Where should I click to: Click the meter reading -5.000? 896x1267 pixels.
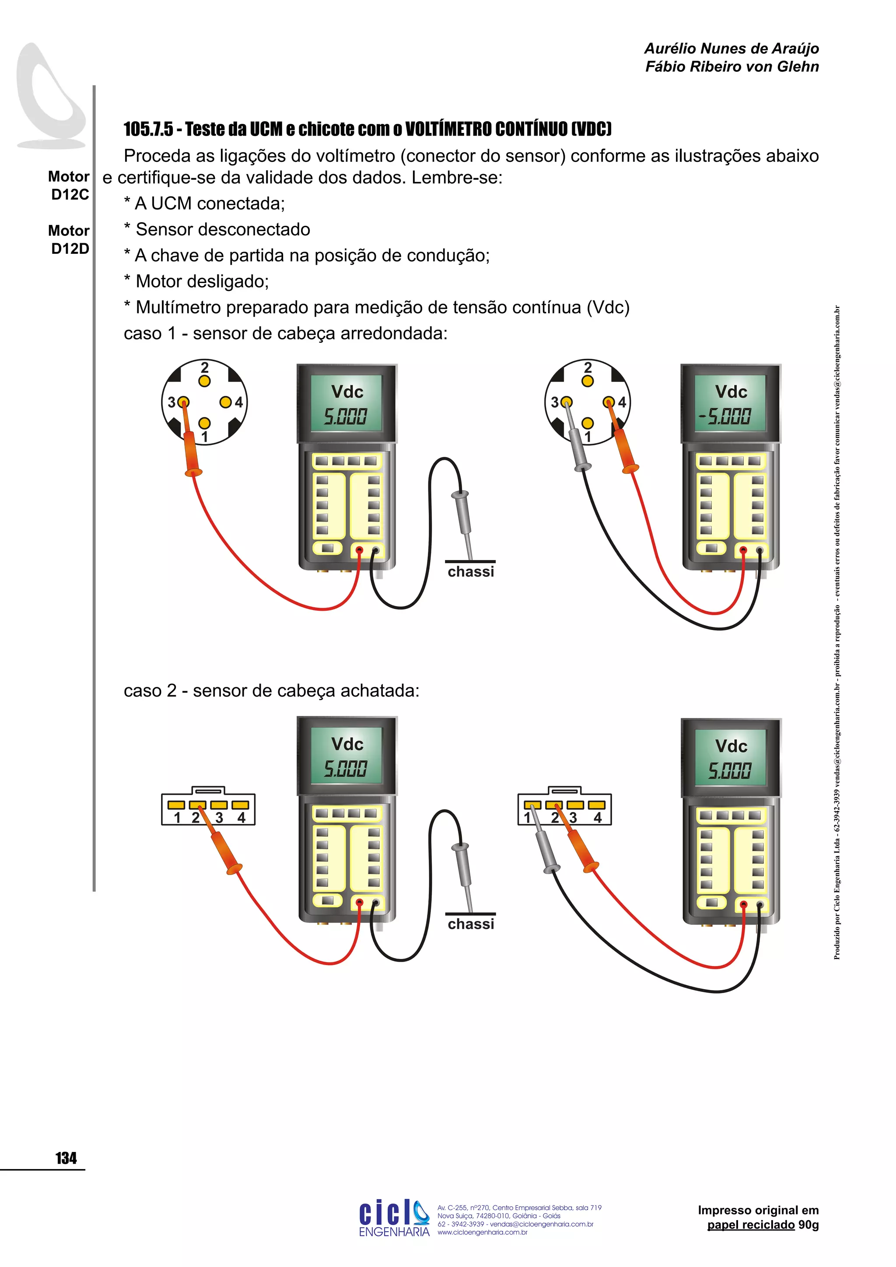(725, 416)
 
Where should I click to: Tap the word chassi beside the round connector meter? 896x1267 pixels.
(471, 572)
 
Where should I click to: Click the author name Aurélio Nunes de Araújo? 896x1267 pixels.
(731, 49)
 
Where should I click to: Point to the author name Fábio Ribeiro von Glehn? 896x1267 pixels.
(731, 67)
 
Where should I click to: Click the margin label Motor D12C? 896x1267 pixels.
(69, 185)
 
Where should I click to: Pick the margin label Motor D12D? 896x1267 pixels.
(69, 239)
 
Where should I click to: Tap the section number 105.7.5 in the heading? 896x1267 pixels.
(148, 129)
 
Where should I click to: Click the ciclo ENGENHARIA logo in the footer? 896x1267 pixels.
(394, 1217)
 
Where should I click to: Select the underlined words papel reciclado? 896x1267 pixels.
(751, 1225)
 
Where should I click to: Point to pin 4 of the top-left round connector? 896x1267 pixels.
(225, 402)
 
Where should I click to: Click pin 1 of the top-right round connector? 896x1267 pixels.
(588, 423)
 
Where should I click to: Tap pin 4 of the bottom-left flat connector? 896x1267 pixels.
(240, 805)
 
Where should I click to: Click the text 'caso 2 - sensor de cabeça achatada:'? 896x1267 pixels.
(271, 690)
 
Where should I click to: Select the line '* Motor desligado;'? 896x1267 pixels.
(196, 281)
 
